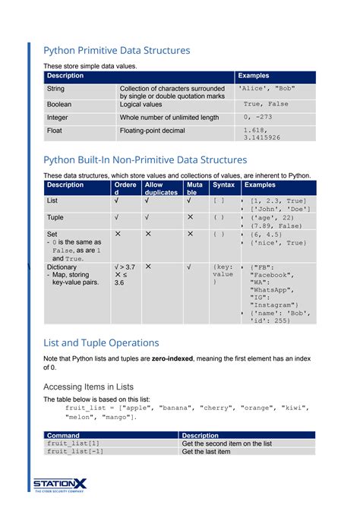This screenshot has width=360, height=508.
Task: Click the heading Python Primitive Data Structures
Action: coord(116,50)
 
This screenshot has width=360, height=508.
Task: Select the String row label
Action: coord(55,89)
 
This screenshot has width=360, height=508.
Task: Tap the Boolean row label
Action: coord(59,104)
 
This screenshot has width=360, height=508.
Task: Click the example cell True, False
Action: coord(266,104)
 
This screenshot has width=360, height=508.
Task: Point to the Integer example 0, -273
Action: coord(258,118)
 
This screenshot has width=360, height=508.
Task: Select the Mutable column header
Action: coord(194,188)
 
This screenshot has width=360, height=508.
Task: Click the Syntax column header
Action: coord(223,185)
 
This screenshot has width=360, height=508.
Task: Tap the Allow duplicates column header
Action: coord(161,188)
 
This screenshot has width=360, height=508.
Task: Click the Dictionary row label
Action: coord(62,267)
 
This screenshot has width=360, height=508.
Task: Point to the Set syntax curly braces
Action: coord(219,235)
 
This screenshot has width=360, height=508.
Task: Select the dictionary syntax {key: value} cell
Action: coord(223,274)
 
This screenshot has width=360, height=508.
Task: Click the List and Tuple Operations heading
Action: coord(101,342)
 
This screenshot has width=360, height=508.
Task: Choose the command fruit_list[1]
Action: coord(74,443)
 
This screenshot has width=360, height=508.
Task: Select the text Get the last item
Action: coord(206,452)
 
